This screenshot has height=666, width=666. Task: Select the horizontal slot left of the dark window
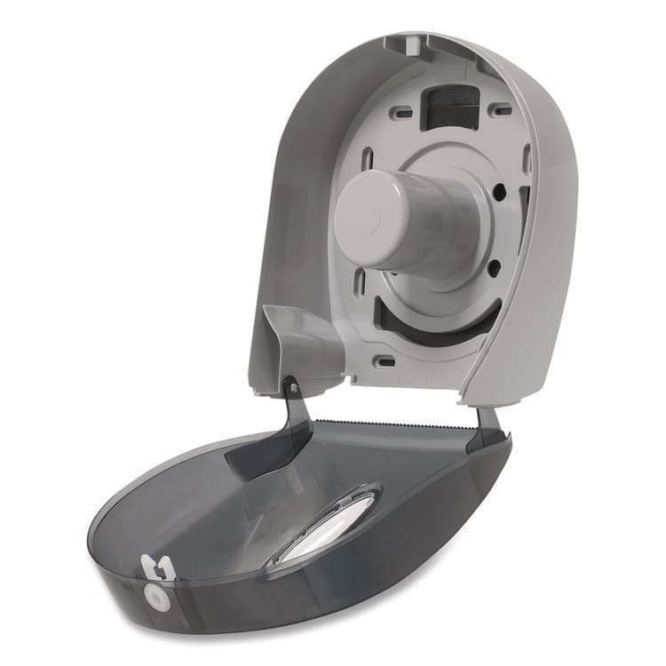click(x=400, y=113)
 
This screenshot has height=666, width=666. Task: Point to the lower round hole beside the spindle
click(x=493, y=265)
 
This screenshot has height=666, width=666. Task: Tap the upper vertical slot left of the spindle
click(x=367, y=163)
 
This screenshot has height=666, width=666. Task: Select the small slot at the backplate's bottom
click(x=385, y=361)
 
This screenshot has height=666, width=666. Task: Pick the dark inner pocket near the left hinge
click(x=266, y=444)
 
